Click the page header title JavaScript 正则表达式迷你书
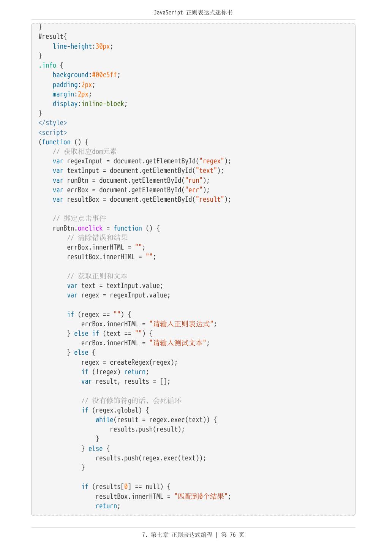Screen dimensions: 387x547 click(x=193, y=13)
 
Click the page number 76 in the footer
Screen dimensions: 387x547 click(x=233, y=535)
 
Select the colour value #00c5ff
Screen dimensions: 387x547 click(x=104, y=75)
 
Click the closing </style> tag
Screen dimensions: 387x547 click(x=52, y=123)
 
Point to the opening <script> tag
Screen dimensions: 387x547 click(x=52, y=133)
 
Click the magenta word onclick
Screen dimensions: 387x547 click(x=90, y=228)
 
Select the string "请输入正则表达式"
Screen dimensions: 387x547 click(x=181, y=324)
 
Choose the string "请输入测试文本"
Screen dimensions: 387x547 click(x=178, y=343)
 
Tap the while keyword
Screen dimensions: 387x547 click(x=104, y=420)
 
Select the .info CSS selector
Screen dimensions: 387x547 click(x=47, y=65)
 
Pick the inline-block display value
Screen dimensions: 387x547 click(x=103, y=104)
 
